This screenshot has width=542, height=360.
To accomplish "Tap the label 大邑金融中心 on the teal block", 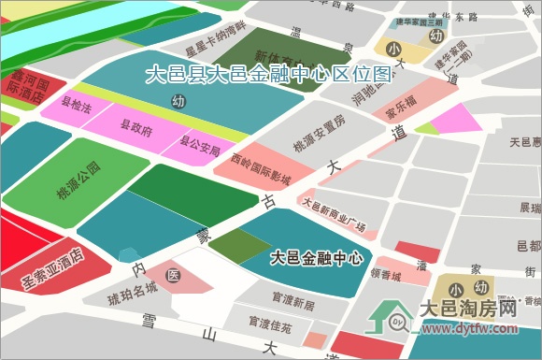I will pos(316,257).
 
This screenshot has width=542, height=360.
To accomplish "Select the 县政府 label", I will pos(136,126).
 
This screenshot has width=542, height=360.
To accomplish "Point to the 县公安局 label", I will pos(198,146).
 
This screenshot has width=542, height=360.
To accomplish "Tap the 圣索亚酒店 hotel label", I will pos(52,267).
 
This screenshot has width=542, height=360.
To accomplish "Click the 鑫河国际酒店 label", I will pos(26,83).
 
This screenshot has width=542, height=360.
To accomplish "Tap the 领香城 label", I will pos(385,276).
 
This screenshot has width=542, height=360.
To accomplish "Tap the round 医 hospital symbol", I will pos(173,276).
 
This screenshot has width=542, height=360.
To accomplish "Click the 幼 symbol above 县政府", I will pos(178,100).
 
